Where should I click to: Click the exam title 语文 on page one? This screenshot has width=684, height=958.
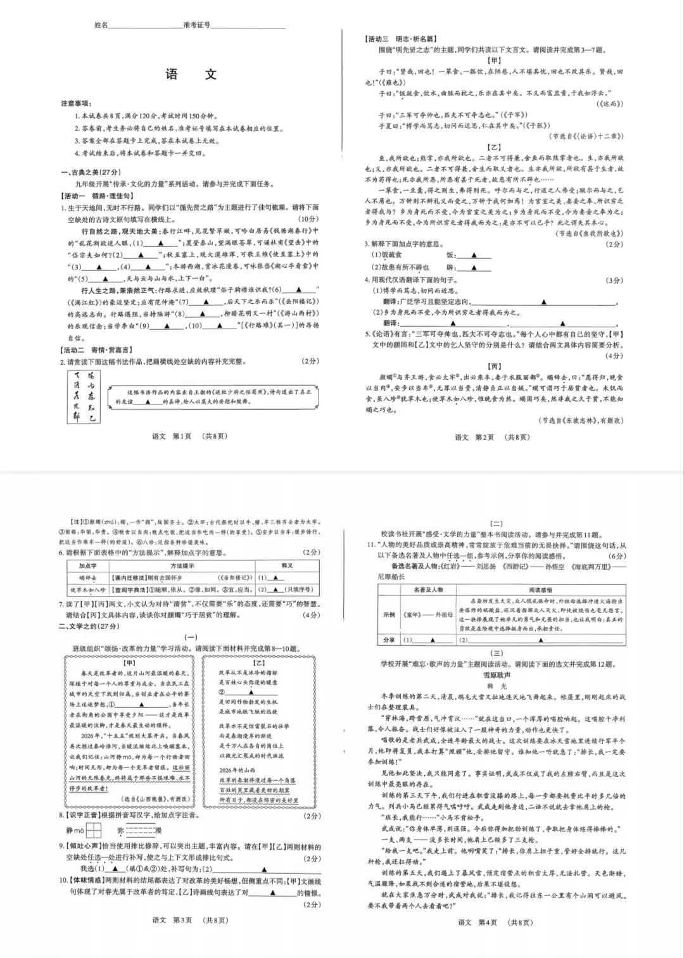point(191,74)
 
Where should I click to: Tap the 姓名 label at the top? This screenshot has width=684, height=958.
point(101,25)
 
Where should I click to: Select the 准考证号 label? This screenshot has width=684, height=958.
point(196,25)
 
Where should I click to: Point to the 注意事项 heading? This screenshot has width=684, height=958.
point(76,103)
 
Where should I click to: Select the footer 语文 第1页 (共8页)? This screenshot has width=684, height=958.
point(189,436)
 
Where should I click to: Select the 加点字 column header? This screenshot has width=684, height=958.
point(87,565)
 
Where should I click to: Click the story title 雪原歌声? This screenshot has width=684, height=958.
point(497,676)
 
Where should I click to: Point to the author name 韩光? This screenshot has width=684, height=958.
point(497,686)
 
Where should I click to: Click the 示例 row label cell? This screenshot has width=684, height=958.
point(388,614)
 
